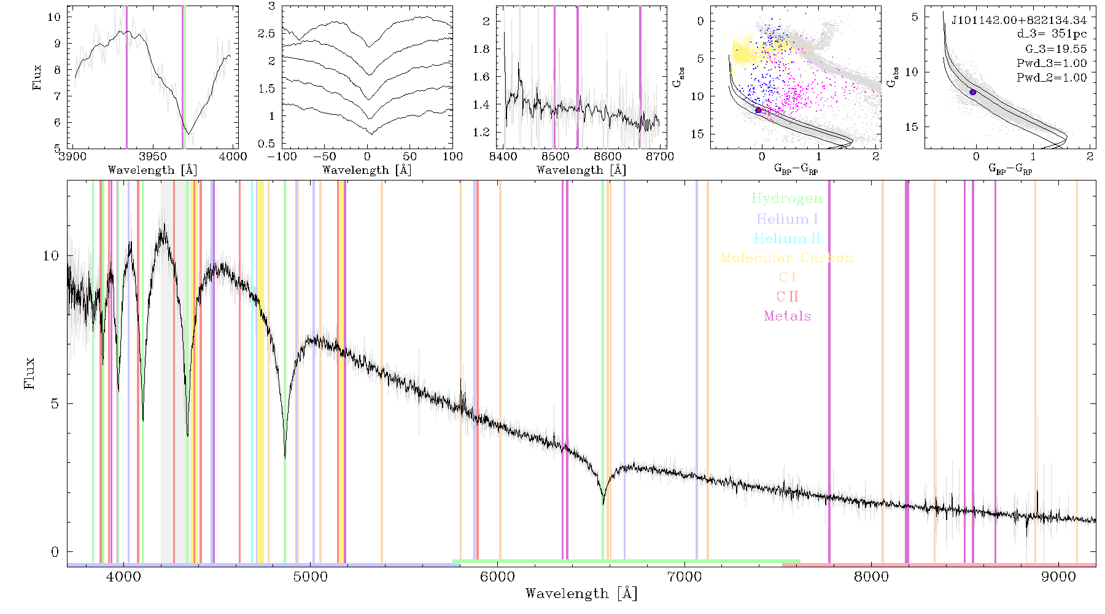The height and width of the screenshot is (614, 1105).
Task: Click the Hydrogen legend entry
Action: (x=786, y=198)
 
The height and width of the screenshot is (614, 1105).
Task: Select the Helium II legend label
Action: (x=787, y=238)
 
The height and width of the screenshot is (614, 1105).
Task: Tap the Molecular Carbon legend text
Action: (x=787, y=258)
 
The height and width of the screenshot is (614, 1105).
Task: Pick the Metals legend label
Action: (x=787, y=316)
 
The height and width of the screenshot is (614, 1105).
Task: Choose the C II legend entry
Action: (x=787, y=297)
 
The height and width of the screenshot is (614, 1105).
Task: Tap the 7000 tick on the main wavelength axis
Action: (x=684, y=577)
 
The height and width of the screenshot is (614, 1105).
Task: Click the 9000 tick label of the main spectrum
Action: (x=1058, y=577)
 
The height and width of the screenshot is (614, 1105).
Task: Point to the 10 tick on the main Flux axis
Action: (x=52, y=255)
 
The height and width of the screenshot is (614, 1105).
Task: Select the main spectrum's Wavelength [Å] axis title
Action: (x=581, y=594)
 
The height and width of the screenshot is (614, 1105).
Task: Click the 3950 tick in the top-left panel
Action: (x=152, y=156)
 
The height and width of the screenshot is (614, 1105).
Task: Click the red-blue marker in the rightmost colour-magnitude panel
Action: (x=972, y=92)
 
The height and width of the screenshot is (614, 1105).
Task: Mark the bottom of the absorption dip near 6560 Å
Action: (x=603, y=503)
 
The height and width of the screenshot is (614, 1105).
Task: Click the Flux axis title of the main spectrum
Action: (x=29, y=373)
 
